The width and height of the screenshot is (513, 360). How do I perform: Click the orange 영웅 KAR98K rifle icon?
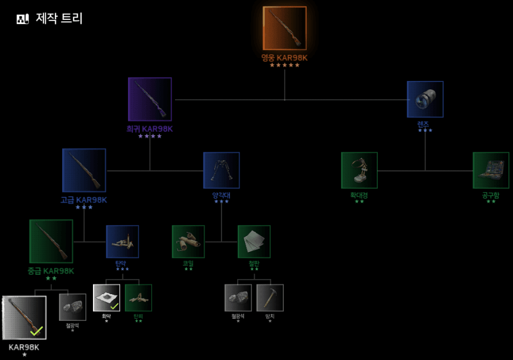tap(284, 28)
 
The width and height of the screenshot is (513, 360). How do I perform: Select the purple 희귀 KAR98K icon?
tap(150, 99)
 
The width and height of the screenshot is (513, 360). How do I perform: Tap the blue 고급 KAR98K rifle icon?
tap(84, 170)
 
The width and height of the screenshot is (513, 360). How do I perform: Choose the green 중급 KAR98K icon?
tap(51, 242)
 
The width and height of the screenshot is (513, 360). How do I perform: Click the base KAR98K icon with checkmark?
tap(25, 318)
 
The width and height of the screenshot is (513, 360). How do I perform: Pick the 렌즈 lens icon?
tap(425, 99)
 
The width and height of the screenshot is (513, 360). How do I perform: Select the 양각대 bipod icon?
tap(221, 170)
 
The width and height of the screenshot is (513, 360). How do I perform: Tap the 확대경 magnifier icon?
tap(359, 170)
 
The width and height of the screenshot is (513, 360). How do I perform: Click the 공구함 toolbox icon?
tap(491, 170)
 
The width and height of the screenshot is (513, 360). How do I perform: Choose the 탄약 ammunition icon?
tap(123, 242)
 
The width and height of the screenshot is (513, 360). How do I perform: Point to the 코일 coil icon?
tap(188, 242)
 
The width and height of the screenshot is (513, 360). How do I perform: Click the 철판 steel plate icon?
tap(254, 242)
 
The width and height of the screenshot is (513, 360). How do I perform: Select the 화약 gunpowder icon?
tap(107, 298)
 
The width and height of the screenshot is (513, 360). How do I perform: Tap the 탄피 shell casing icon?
tap(138, 298)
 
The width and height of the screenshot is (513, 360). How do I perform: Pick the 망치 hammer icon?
tap(270, 298)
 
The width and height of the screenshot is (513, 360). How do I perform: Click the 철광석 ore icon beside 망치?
tap(238, 298)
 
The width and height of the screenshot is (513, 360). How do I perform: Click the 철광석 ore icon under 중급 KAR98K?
tap(72, 307)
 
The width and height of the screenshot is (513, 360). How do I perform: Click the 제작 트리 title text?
tap(59, 19)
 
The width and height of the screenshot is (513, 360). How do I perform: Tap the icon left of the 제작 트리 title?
tap(23, 19)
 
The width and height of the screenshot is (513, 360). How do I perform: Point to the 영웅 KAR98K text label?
tap(284, 58)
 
